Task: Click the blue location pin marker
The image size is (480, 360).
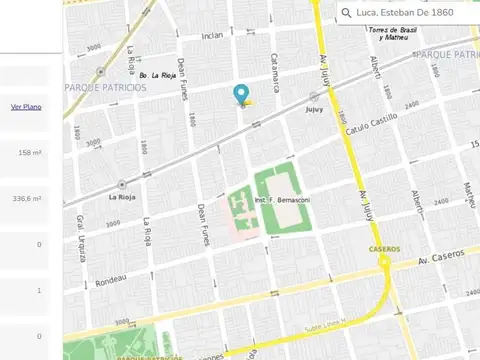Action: click(241, 95)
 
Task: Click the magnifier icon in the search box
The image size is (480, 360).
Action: click(347, 13)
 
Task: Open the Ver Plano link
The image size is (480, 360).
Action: click(26, 106)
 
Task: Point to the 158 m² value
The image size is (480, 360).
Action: click(30, 153)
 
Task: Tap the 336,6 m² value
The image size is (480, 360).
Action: click(27, 199)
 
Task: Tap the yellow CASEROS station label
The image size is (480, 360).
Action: click(384, 248)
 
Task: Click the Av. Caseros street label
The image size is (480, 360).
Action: click(441, 258)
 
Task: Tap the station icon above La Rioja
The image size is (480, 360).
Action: click(121, 184)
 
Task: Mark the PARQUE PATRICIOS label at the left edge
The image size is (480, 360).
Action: click(106, 87)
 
